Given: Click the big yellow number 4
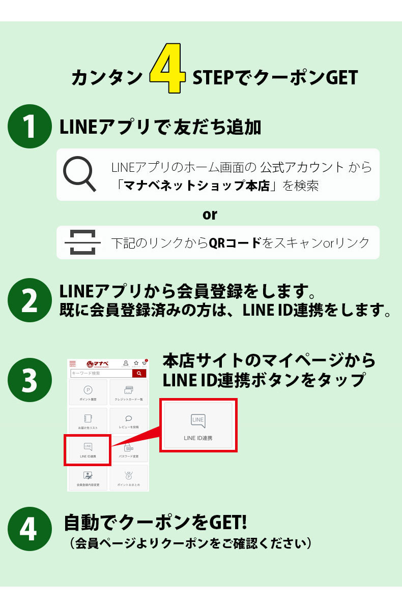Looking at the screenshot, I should point(168,73).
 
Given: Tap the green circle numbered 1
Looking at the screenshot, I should point(30,127).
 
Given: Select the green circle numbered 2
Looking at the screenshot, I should point(30,300).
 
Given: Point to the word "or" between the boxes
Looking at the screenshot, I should point(210,214).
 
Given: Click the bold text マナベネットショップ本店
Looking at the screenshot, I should point(196,186).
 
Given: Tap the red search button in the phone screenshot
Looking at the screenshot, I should point(139,373).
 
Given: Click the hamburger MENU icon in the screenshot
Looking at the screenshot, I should point(72,364).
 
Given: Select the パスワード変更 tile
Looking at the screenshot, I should point(128,450).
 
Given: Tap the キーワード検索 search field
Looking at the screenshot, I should point(101,373).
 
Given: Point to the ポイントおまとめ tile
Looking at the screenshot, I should point(128,478).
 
